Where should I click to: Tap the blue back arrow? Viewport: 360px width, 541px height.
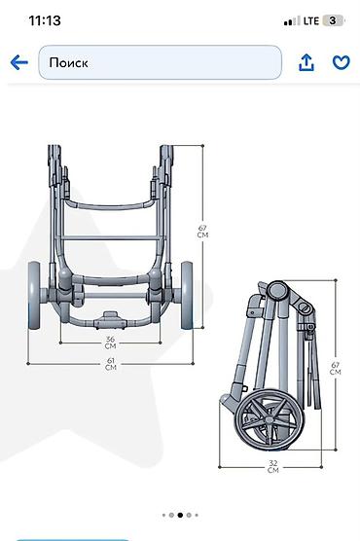coord(19,63)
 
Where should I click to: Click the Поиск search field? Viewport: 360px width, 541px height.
coord(161,62)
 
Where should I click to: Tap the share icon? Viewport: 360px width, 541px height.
coord(306,62)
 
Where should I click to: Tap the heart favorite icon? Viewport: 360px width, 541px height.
coord(341,63)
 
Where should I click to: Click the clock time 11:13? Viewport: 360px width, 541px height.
coord(45,20)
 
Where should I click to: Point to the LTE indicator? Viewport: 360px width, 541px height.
coord(311,21)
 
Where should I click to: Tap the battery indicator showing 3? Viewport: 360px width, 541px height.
coord(333,20)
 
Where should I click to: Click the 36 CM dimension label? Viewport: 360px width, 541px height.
coord(111,343)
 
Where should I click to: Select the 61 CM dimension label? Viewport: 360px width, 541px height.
coord(111,364)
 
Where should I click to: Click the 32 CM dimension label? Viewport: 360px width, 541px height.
coord(273,466)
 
